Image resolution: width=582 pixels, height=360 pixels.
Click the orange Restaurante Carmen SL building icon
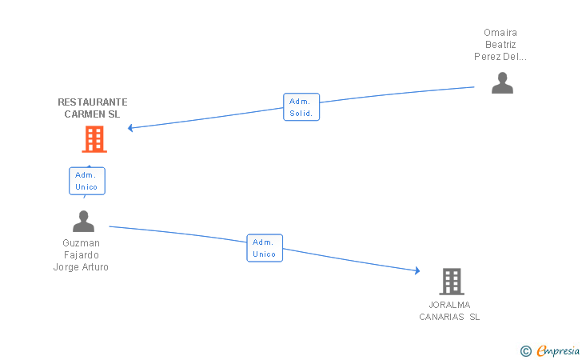pyautogui.click(x=94, y=139)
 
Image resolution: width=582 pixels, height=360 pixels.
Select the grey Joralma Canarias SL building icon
pyautogui.click(x=452, y=282)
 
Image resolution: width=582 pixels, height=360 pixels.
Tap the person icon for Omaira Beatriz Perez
pyautogui.click(x=502, y=83)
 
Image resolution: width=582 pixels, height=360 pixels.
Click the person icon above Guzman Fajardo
pyautogui.click(x=83, y=221)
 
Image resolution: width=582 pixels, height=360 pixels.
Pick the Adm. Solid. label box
pyautogui.click(x=301, y=107)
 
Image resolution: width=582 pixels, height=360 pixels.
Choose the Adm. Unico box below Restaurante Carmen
pyautogui.click(x=86, y=181)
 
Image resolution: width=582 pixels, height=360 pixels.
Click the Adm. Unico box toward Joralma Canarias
pyautogui.click(x=264, y=248)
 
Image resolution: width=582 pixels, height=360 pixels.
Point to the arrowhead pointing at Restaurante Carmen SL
pyautogui.click(x=131, y=128)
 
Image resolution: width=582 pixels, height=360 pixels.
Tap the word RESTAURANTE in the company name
pyautogui.click(x=93, y=102)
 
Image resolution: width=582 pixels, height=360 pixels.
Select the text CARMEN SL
pyautogui.click(x=92, y=114)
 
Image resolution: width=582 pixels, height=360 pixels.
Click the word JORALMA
pyautogui.click(x=449, y=305)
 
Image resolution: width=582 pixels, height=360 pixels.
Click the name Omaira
pyautogui.click(x=500, y=33)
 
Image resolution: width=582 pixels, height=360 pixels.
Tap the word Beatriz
pyautogui.click(x=500, y=45)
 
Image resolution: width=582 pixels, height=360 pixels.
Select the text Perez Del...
pyautogui.click(x=500, y=57)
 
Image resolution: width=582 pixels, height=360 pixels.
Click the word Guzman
pyautogui.click(x=81, y=243)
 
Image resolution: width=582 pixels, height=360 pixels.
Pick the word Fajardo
pyautogui.click(x=81, y=255)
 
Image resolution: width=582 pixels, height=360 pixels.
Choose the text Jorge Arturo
pyautogui.click(x=81, y=267)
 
